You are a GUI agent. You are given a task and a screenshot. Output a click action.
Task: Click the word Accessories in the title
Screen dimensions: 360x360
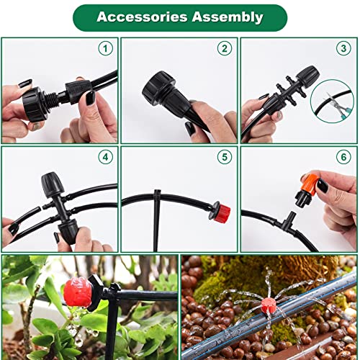pyautogui.click(x=142, y=17)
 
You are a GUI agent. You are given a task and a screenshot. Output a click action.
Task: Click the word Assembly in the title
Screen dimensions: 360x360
pyautogui.click(x=228, y=17)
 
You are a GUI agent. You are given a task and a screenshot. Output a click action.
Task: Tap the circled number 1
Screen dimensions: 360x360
pyautogui.click(x=106, y=48)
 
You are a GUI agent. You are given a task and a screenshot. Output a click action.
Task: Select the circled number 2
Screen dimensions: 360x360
pyautogui.click(x=225, y=48)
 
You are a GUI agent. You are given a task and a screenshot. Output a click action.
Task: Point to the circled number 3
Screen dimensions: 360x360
pyautogui.click(x=343, y=48)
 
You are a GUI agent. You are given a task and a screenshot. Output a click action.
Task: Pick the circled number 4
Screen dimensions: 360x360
pyautogui.click(x=106, y=157)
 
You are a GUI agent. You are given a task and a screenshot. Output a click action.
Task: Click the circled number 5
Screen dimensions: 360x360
pyautogui.click(x=225, y=157)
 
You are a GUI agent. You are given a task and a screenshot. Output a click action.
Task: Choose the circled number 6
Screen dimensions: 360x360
pyautogui.click(x=343, y=157)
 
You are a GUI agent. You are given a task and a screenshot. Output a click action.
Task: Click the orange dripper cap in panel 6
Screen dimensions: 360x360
pyautogui.click(x=310, y=185)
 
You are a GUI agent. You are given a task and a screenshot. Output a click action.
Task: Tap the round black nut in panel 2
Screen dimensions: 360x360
pyautogui.click(x=156, y=89)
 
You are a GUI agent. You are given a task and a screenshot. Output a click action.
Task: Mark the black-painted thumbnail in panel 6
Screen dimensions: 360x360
pyautogui.click(x=323, y=186)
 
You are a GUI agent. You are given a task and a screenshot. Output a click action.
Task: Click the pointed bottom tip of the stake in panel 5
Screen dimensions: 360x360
pyautogui.click(x=156, y=250)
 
